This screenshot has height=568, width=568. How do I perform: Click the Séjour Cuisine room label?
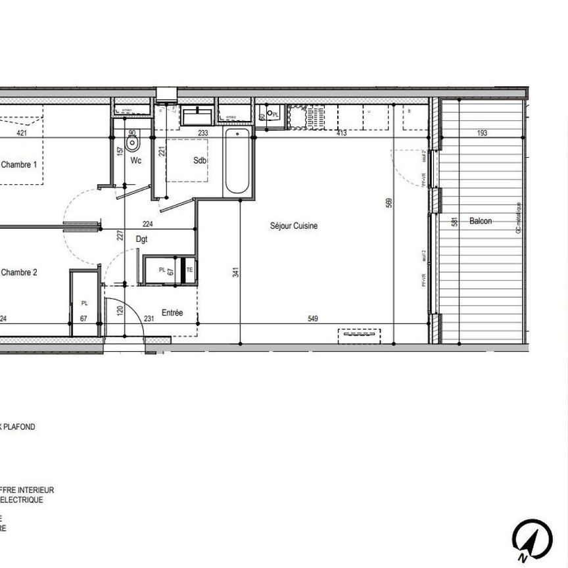tap(294, 225)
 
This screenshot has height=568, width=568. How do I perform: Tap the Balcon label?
tap(480, 222)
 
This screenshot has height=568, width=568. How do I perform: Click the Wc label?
tap(136, 160)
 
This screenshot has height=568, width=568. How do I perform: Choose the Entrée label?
tap(172, 313)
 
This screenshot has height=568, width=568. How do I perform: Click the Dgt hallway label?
tap(141, 240)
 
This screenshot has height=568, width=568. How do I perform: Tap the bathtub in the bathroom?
tap(237, 162)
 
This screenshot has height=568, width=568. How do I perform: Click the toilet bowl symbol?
tap(132, 143)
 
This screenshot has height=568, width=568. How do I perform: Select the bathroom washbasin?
tap(197, 117)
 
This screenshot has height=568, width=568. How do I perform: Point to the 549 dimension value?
tap(313, 319)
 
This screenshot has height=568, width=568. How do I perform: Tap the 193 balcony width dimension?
tap(482, 133)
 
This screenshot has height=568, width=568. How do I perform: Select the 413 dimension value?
tap(341, 133)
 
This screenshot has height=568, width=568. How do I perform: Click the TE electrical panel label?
tap(189, 270)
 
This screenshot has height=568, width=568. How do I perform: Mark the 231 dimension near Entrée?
tap(149, 319)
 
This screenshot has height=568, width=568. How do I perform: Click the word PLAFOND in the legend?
tap(20, 427)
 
